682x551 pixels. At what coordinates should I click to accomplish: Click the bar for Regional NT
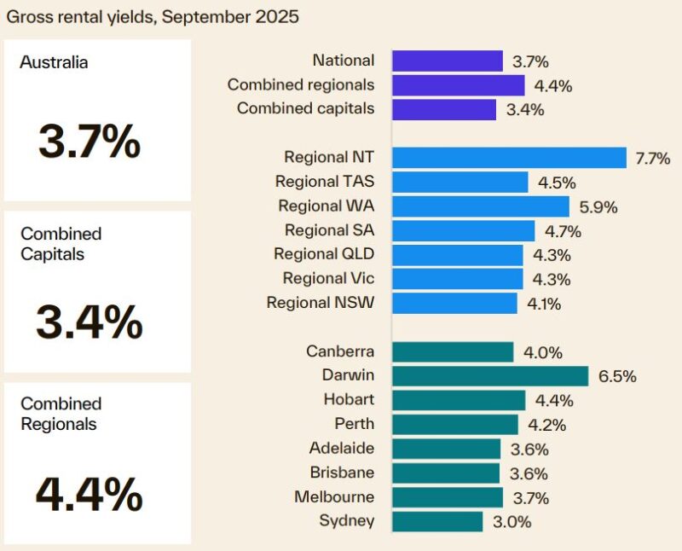509,158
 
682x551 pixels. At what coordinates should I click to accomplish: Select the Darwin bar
490,376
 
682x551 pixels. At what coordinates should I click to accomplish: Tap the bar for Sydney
437,521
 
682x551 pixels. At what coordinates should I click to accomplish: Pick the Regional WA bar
481,206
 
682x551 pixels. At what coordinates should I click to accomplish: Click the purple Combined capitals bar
444,109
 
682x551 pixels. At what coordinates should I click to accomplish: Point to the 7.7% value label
653,159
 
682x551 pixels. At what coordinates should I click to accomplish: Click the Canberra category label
339,351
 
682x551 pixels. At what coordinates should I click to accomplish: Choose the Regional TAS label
325,182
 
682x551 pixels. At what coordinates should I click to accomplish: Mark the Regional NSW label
321,303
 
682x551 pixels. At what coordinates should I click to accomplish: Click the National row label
344,61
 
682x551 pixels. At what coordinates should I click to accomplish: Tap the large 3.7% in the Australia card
89,141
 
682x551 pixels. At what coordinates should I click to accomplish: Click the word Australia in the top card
55,62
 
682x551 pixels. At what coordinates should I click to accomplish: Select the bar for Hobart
459,400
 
